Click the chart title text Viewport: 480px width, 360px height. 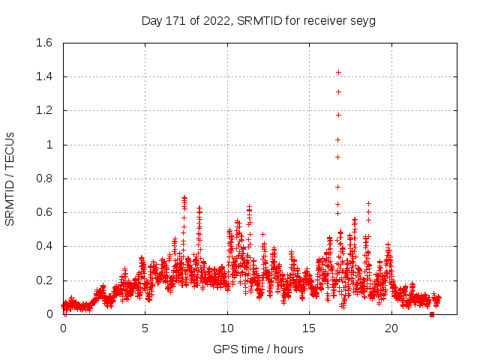(258, 20)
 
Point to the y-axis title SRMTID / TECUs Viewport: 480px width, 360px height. (10, 178)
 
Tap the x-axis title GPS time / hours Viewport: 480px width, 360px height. (258, 349)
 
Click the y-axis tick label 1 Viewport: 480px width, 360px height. (49, 145)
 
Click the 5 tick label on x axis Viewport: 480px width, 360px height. (145, 328)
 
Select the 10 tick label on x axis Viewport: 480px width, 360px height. (227, 328)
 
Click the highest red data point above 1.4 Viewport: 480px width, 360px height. (338, 72)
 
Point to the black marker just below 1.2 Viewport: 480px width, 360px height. (338, 115)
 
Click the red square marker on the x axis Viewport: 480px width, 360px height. (431, 314)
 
